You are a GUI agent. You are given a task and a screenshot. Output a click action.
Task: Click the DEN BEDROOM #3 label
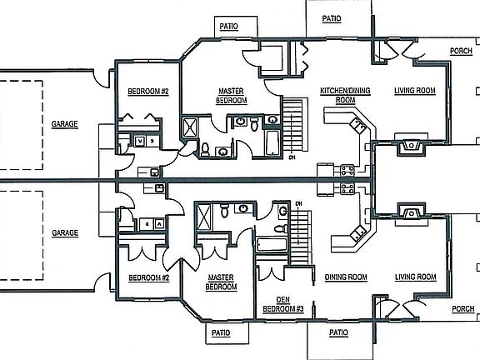[x=283, y=304]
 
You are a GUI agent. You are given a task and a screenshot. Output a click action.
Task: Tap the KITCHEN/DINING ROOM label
[x=345, y=95]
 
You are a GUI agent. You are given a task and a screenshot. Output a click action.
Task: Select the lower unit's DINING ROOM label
[x=346, y=277]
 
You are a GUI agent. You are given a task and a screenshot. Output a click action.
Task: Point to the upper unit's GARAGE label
[x=65, y=124]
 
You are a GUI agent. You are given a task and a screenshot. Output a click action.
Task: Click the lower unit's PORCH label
[x=463, y=309]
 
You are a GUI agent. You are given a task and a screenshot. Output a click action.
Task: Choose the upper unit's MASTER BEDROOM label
[x=232, y=96]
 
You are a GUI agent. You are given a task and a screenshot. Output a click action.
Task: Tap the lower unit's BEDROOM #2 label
[x=149, y=278]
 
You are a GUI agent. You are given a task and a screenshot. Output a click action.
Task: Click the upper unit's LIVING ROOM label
[x=415, y=91]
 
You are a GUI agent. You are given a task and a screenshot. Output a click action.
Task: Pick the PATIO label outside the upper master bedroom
[x=228, y=27]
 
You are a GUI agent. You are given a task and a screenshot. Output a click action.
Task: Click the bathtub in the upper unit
[x=272, y=143]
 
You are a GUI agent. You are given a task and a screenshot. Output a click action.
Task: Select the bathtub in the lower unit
[x=272, y=245]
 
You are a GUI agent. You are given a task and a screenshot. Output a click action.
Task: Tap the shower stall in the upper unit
[x=190, y=127]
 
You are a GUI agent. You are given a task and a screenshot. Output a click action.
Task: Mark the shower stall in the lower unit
[x=203, y=217]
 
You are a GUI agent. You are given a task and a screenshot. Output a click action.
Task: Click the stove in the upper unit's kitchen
[x=347, y=171]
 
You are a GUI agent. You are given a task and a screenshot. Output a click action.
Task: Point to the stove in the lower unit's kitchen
[x=347, y=189]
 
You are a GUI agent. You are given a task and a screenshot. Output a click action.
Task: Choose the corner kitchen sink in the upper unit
[x=358, y=125]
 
